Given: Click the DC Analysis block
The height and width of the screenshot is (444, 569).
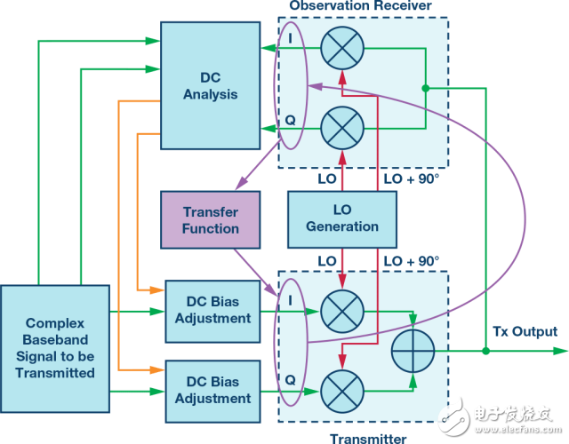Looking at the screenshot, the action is (x=211, y=85).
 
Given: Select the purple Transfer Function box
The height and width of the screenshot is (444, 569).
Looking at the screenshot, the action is (x=211, y=220).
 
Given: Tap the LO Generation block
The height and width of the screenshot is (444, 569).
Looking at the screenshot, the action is (x=342, y=219).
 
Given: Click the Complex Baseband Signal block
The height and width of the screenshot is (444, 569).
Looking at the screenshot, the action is (x=55, y=349).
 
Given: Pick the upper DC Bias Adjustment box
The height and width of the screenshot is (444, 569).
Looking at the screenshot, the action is (x=213, y=312).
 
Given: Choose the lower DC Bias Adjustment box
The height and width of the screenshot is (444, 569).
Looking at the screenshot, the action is (x=213, y=392).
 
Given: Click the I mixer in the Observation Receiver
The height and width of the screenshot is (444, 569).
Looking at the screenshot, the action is (x=342, y=48).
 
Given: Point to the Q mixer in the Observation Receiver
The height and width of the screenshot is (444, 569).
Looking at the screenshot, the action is (x=342, y=128).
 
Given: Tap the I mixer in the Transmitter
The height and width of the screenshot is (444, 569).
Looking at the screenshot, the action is (x=342, y=312).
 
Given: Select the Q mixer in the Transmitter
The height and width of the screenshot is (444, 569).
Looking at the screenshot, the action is (x=342, y=392).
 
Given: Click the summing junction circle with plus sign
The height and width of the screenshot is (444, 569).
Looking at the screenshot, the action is (x=413, y=351).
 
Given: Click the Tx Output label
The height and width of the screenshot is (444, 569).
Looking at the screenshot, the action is (x=525, y=331).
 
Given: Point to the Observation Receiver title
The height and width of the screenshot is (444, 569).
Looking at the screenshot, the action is (x=360, y=5).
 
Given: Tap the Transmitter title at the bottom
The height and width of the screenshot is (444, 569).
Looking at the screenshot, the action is (x=368, y=439).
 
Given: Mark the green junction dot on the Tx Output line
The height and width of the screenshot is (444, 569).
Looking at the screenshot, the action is (x=486, y=351).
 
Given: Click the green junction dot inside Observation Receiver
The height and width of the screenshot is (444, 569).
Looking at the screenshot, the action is (x=426, y=88).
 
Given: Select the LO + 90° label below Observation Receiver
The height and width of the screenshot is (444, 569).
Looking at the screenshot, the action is (x=412, y=179).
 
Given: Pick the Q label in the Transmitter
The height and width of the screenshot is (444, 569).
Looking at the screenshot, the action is (x=291, y=380).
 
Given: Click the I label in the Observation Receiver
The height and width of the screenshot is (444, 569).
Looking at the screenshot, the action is (x=290, y=38).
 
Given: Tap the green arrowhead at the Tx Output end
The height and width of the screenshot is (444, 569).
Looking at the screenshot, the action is (x=561, y=351).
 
